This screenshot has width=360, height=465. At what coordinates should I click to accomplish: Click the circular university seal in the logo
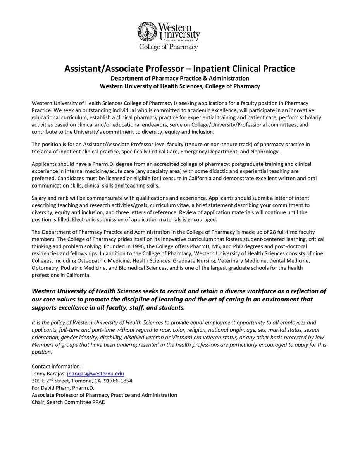[x=146, y=31]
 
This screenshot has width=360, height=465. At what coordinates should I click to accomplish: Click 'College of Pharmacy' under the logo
[x=169, y=47]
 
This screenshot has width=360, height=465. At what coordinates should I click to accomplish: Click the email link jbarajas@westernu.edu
[x=95, y=374]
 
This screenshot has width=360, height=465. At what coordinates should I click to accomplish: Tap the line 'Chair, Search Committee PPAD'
[x=69, y=402]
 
